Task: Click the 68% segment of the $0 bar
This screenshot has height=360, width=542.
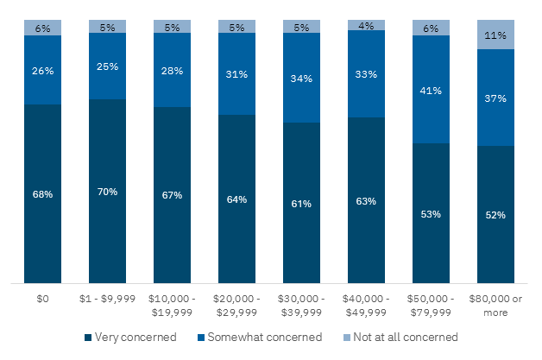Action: point(42,193)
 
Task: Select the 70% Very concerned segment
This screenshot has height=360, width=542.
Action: point(107,191)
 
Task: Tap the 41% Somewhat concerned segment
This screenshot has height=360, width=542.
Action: point(431,90)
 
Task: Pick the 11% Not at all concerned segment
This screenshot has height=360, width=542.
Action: point(495,35)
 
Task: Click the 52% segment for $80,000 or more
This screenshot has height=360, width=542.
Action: point(495,214)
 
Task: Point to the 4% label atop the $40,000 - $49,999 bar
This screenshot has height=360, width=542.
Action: point(366,26)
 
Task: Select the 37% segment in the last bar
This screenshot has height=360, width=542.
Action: point(495,98)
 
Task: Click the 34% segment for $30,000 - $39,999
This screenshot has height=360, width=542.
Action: point(301,78)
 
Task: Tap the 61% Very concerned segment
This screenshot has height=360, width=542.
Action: point(301,203)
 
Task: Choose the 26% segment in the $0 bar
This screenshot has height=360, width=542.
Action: point(42,70)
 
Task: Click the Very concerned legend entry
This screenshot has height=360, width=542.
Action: point(130,337)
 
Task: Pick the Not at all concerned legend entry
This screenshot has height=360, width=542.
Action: point(402,337)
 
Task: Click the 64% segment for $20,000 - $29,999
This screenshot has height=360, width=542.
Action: point(236,199)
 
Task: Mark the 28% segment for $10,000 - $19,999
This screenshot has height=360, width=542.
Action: point(172,71)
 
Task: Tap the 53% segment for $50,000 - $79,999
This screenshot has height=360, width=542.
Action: point(431,213)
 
